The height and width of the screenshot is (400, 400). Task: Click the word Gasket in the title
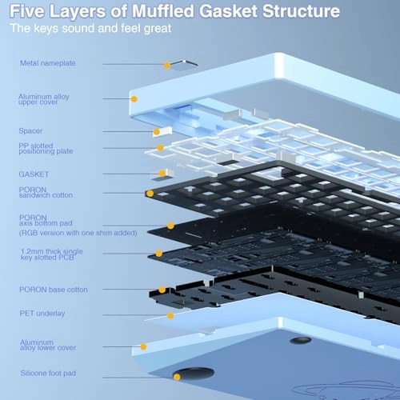click(x=228, y=11)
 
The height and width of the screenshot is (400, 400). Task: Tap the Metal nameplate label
click(x=48, y=63)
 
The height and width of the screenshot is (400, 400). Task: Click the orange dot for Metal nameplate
click(x=167, y=66)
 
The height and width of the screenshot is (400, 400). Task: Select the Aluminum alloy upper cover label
click(x=44, y=99)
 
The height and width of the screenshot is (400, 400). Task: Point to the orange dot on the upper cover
click(x=134, y=99)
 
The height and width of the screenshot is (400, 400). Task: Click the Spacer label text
click(x=30, y=131)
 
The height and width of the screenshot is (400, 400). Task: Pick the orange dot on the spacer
click(x=157, y=132)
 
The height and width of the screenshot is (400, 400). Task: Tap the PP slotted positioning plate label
click(x=46, y=149)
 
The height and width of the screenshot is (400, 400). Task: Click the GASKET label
click(x=34, y=174)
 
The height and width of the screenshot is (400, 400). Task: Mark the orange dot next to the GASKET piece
click(x=162, y=174)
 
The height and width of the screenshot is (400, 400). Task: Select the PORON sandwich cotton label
click(x=46, y=192)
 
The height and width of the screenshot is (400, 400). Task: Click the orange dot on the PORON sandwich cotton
click(x=150, y=194)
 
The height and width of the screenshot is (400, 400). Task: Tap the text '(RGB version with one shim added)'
click(x=78, y=233)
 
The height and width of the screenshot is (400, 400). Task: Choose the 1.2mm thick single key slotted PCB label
click(x=52, y=254)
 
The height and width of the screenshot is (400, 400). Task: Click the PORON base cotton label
click(x=54, y=290)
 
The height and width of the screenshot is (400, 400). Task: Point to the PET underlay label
click(x=42, y=314)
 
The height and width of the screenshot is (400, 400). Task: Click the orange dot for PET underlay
click(x=170, y=316)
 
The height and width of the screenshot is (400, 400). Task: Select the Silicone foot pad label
click(x=48, y=374)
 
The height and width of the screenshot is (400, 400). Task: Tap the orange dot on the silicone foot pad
click(x=177, y=377)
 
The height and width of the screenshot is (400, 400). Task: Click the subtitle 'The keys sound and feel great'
click(x=90, y=28)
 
